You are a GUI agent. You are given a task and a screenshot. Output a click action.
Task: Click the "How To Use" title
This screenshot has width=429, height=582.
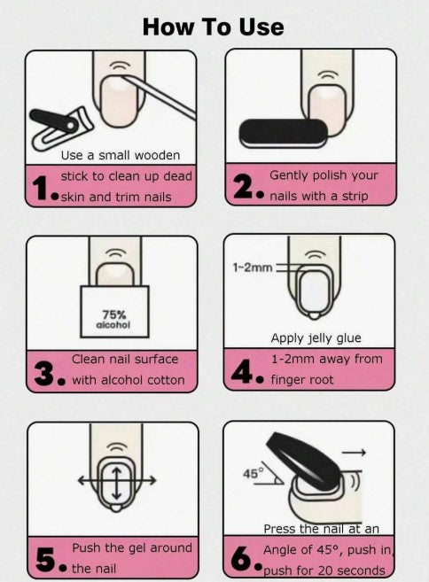214,27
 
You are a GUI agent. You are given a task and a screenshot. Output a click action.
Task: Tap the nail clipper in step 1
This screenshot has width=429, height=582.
61,128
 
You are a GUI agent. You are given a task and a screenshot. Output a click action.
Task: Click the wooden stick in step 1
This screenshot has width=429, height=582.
159,97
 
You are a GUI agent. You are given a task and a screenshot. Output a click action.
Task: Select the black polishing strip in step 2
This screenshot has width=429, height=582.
284,134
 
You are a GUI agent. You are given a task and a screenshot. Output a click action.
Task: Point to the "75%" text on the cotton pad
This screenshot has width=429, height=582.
114,314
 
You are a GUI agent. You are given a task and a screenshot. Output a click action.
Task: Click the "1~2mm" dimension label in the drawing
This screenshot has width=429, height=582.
253,268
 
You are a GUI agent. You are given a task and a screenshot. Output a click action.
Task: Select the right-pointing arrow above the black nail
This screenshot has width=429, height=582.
354,452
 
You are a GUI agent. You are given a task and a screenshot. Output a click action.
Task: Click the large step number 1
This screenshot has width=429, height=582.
41,188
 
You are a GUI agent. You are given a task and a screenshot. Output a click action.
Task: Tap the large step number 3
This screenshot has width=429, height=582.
45,373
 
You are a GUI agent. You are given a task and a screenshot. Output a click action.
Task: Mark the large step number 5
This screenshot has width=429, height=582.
46,559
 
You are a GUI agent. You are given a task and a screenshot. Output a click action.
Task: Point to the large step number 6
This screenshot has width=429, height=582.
242,558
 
